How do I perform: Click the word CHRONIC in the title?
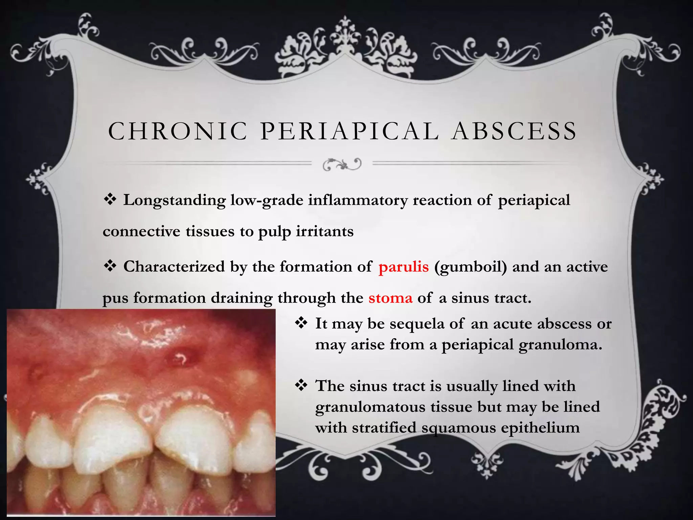(x=178, y=131)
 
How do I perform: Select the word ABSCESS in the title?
(x=514, y=131)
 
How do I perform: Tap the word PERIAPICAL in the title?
(x=350, y=131)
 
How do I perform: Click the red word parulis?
(x=404, y=267)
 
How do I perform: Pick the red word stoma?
(x=390, y=298)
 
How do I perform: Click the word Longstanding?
(x=174, y=200)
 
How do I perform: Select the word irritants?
(x=325, y=232)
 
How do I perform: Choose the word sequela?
(x=417, y=324)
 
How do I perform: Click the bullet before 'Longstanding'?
(x=110, y=199)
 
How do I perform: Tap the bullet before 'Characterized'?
(x=110, y=266)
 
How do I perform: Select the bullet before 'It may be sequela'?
(x=301, y=323)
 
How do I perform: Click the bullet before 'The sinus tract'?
(x=301, y=385)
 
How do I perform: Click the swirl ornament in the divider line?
(x=342, y=164)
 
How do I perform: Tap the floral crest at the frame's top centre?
(x=345, y=47)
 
